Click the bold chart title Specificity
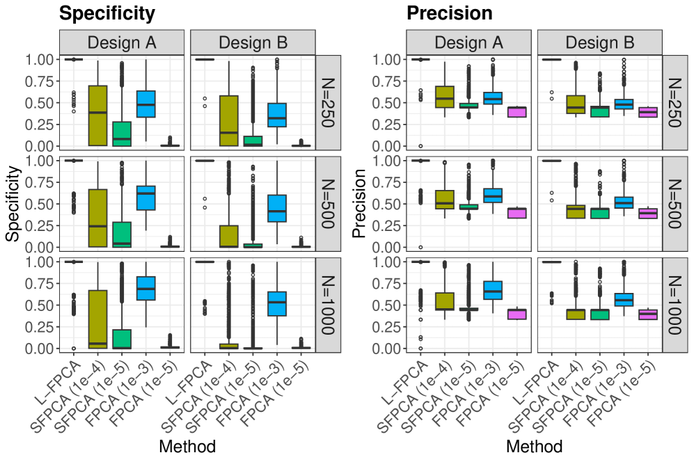point(107,13)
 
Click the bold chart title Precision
point(449,13)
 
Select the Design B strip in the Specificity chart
point(253,42)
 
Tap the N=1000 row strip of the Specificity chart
point(327,305)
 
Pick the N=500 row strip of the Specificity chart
point(327,204)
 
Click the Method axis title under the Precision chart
point(535,446)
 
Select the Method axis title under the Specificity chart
point(187,446)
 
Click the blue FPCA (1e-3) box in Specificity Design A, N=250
point(145,104)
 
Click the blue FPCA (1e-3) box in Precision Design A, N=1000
point(493,290)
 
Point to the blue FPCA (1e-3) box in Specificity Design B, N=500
point(277,208)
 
